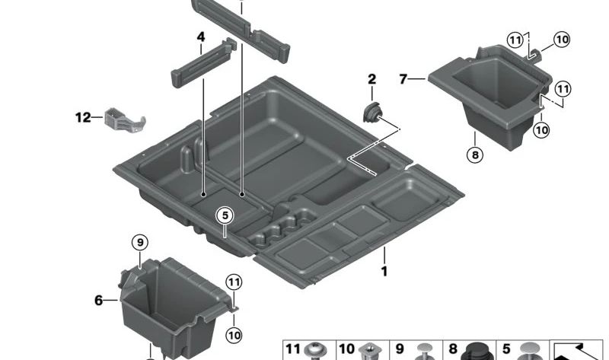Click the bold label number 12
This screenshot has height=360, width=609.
(x=82, y=117)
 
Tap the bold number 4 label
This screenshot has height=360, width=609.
(x=201, y=37)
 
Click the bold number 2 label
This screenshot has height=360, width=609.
(x=371, y=79)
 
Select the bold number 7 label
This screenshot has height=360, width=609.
(x=404, y=78)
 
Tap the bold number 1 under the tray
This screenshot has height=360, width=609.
(x=384, y=271)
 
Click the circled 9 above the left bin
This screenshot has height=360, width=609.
(x=139, y=243)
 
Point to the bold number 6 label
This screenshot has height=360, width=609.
(x=98, y=301)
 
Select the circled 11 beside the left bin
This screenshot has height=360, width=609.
(x=234, y=283)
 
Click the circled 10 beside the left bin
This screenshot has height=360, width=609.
(x=234, y=334)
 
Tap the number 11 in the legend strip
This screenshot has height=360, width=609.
(x=293, y=349)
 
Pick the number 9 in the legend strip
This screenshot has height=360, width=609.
(x=400, y=349)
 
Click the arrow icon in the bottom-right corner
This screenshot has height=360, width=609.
(x=578, y=349)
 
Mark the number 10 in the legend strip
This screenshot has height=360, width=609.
(x=346, y=349)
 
